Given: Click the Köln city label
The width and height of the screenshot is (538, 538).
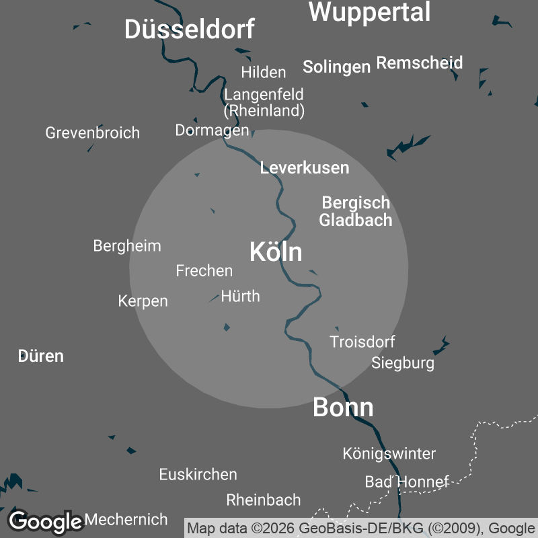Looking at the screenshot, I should (x=276, y=252).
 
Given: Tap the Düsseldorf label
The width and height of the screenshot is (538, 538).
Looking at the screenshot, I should (x=190, y=30).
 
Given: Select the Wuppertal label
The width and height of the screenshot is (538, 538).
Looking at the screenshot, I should (x=369, y=12).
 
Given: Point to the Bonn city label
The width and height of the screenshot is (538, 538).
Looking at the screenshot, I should (x=343, y=408).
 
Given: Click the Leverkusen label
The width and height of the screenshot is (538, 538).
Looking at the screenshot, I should (x=305, y=168).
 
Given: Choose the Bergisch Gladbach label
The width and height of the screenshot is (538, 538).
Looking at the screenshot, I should (x=355, y=211).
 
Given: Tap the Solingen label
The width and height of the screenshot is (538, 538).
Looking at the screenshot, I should (x=336, y=67).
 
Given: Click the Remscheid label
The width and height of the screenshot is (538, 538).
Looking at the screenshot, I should (x=420, y=63).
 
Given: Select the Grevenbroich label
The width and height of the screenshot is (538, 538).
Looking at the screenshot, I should (x=93, y=132).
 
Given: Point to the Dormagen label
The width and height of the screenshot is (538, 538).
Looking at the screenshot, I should (x=212, y=130).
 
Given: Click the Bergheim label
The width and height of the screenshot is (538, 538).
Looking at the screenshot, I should (x=127, y=245).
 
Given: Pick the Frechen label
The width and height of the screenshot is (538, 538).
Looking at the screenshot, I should (x=204, y=270).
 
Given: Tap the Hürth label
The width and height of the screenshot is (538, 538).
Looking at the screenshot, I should (x=240, y=296).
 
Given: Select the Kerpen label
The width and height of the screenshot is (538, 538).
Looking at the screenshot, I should (x=143, y=301).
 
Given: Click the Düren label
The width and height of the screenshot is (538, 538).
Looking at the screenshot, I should (x=41, y=356).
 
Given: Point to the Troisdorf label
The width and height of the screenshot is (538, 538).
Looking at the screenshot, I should (x=362, y=342).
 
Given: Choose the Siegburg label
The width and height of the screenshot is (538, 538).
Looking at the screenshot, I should (x=403, y=363).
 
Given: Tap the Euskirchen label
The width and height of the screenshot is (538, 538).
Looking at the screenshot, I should (x=198, y=474).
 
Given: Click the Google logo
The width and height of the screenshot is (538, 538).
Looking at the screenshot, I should (x=45, y=521).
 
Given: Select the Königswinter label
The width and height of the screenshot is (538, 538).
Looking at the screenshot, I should (x=389, y=453).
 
